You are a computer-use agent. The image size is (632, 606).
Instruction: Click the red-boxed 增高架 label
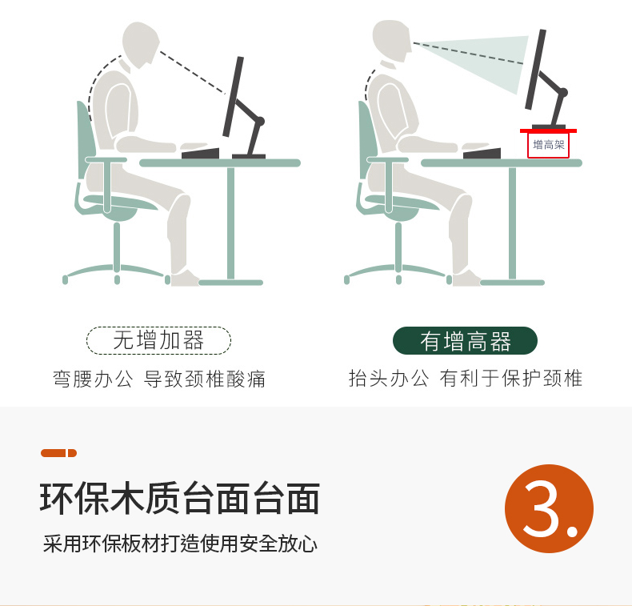point(548,145)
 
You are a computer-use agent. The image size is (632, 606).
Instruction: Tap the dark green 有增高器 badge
point(465,341)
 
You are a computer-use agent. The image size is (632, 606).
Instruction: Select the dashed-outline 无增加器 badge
point(158,340)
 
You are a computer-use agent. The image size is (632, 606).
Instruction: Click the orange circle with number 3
point(549,508)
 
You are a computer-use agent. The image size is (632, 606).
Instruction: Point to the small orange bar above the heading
point(59,453)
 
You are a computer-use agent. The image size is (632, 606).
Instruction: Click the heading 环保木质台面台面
point(180,499)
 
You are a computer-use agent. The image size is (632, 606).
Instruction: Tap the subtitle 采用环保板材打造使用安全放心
point(180,544)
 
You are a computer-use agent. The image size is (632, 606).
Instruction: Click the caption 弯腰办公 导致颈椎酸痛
point(159,379)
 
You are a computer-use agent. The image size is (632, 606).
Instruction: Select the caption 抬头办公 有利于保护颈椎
point(465,378)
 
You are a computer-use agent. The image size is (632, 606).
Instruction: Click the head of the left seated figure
point(140,44)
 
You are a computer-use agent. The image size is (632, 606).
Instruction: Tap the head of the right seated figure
point(391,40)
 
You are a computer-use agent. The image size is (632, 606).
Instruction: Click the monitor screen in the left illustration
point(234,97)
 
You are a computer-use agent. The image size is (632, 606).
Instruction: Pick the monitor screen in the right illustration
point(536,70)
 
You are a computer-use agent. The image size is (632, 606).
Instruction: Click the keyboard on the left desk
point(200,154)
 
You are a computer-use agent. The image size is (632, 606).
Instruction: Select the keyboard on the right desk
point(482,154)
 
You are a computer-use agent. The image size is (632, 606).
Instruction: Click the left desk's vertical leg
point(230,223)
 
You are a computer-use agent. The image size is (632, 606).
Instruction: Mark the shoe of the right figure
point(466,279)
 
